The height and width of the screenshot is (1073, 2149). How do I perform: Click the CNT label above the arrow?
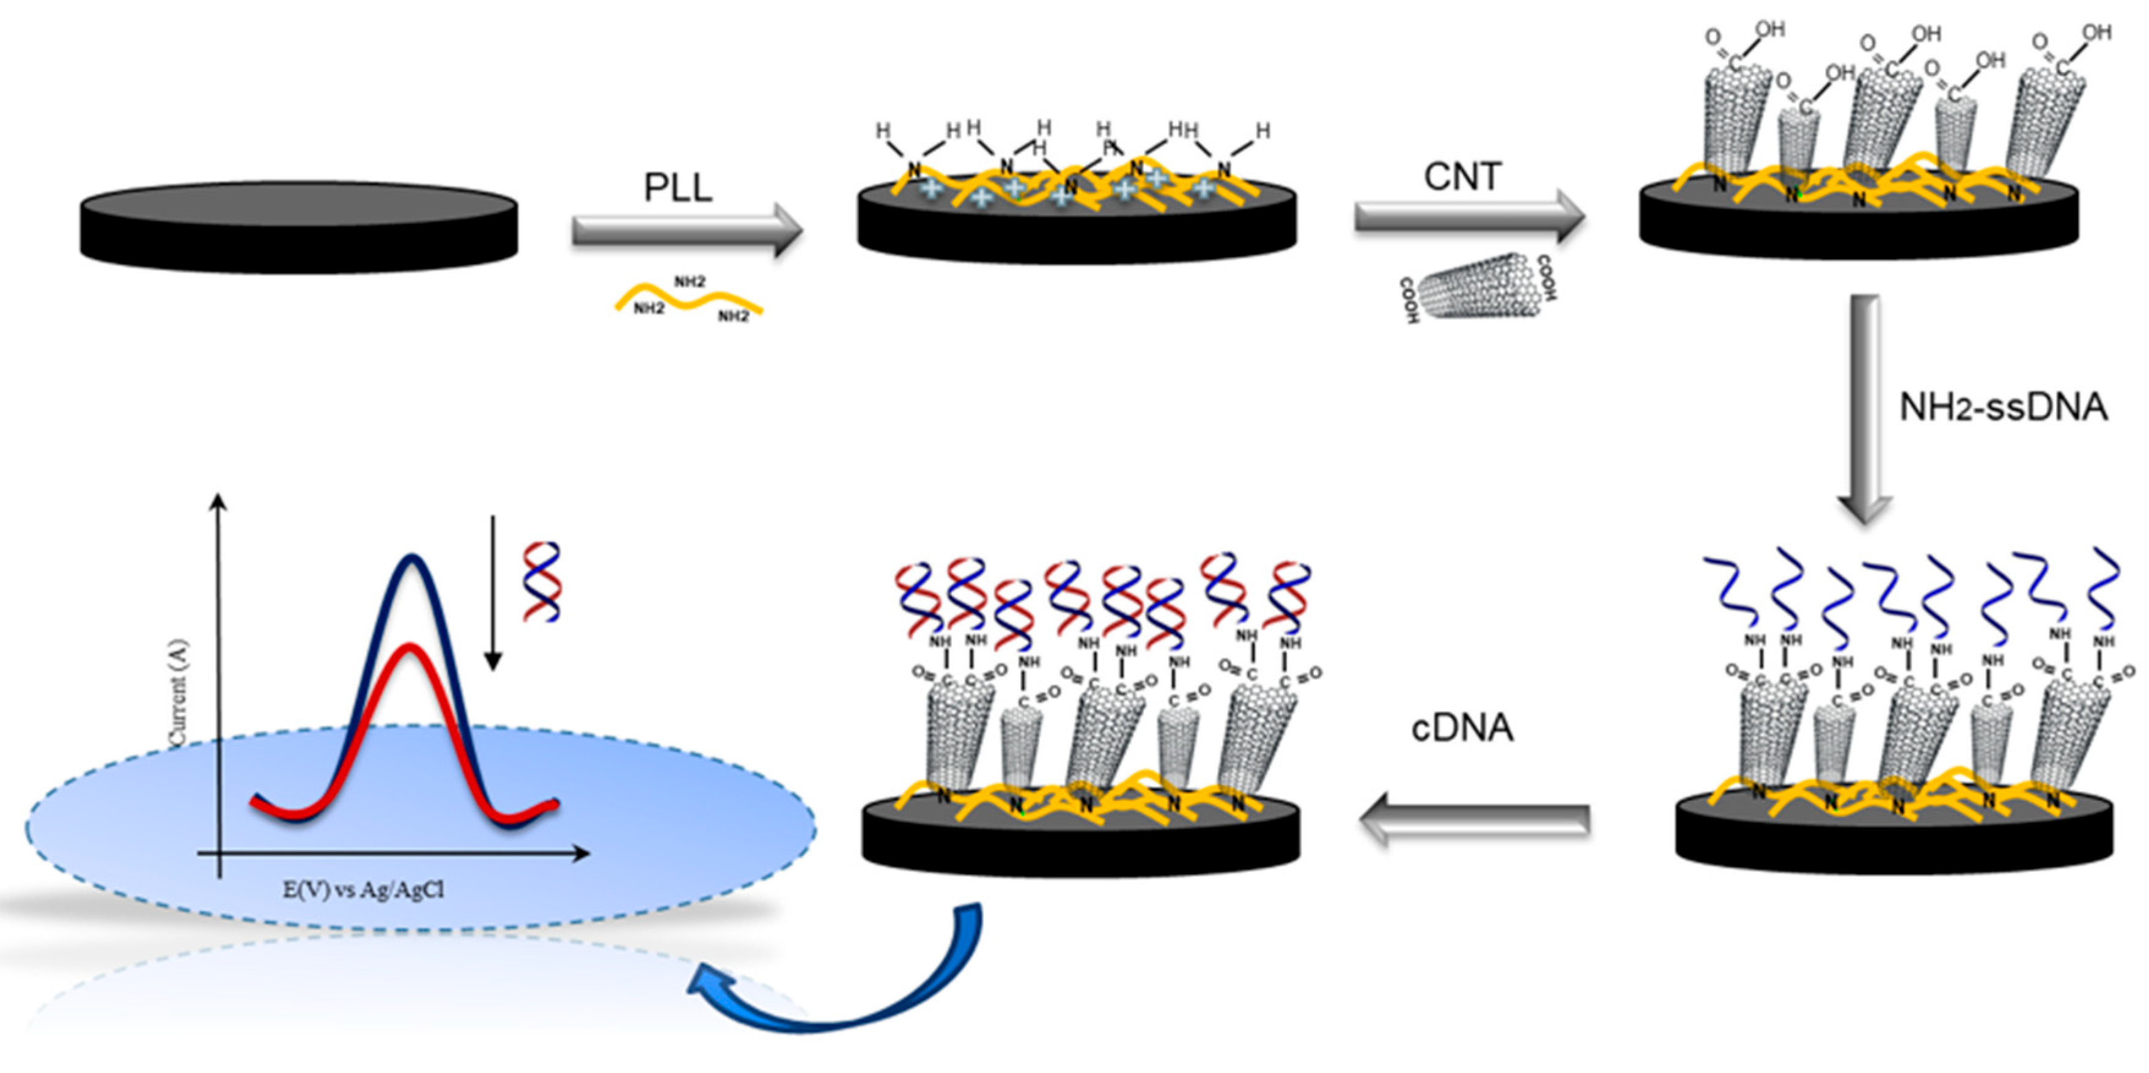tap(1462, 177)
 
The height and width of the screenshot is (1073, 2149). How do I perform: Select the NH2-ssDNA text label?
tap(2003, 408)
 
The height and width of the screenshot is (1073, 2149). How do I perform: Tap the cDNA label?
tap(1462, 728)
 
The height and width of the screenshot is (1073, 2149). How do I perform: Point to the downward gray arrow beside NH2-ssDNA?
tap(1865, 409)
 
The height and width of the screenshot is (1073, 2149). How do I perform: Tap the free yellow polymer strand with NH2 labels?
tap(689, 300)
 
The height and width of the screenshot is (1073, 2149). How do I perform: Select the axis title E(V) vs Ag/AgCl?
tap(363, 890)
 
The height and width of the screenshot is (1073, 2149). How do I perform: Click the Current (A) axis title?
tap(178, 693)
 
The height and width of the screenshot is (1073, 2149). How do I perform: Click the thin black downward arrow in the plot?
tap(493, 592)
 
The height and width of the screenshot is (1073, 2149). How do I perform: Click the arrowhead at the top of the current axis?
tap(219, 500)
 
